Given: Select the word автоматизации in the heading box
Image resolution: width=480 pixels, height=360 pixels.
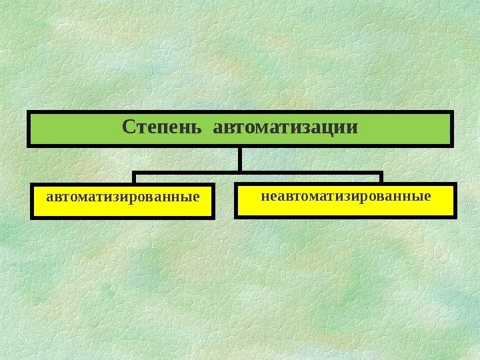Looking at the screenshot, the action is pos(285,127).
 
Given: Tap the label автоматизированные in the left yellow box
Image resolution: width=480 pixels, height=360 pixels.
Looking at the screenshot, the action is pos(123,198).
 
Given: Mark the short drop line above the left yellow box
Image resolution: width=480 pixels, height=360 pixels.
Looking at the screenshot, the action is pos(134,178).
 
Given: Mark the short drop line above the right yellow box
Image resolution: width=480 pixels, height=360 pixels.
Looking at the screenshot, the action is pos(381,178).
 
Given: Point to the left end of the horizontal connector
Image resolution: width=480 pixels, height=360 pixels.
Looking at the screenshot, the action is pos(134,173).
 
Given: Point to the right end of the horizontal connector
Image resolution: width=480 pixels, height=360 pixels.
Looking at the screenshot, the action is pos(381,173).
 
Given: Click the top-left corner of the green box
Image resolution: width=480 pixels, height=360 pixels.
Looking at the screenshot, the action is pos(28,111).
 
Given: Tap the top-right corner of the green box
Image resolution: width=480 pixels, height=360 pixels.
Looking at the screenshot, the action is pos(453,111).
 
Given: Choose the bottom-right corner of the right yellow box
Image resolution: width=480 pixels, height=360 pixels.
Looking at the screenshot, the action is pos(456,217).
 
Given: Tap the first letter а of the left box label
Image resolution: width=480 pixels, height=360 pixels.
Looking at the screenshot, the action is pos(49,198).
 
